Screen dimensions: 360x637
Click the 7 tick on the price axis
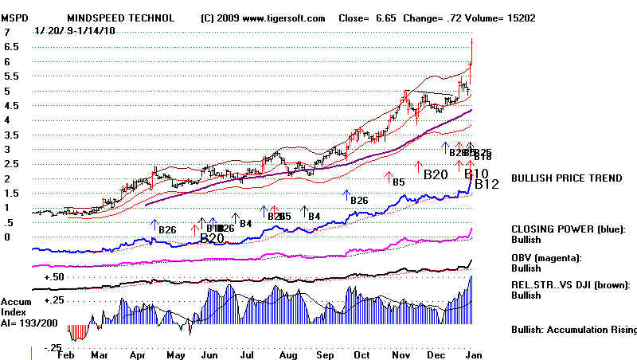pyautogui.click(x=6, y=33)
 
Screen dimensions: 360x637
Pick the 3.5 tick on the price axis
pyautogui.click(x=9, y=135)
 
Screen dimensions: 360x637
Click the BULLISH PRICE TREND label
pyautogui.click(x=567, y=178)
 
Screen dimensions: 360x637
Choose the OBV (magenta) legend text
pyautogui.click(x=547, y=257)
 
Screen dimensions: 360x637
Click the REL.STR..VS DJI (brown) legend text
pyautogui.click(x=571, y=284)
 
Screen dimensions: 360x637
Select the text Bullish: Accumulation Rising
pyautogui.click(x=573, y=330)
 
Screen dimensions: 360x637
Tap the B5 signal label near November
pyautogui.click(x=398, y=182)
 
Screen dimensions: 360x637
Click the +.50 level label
pyautogui.click(x=54, y=276)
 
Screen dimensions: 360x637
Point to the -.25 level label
pyautogui.click(x=53, y=348)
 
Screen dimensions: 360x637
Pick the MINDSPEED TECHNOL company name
pyautogui.click(x=120, y=18)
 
